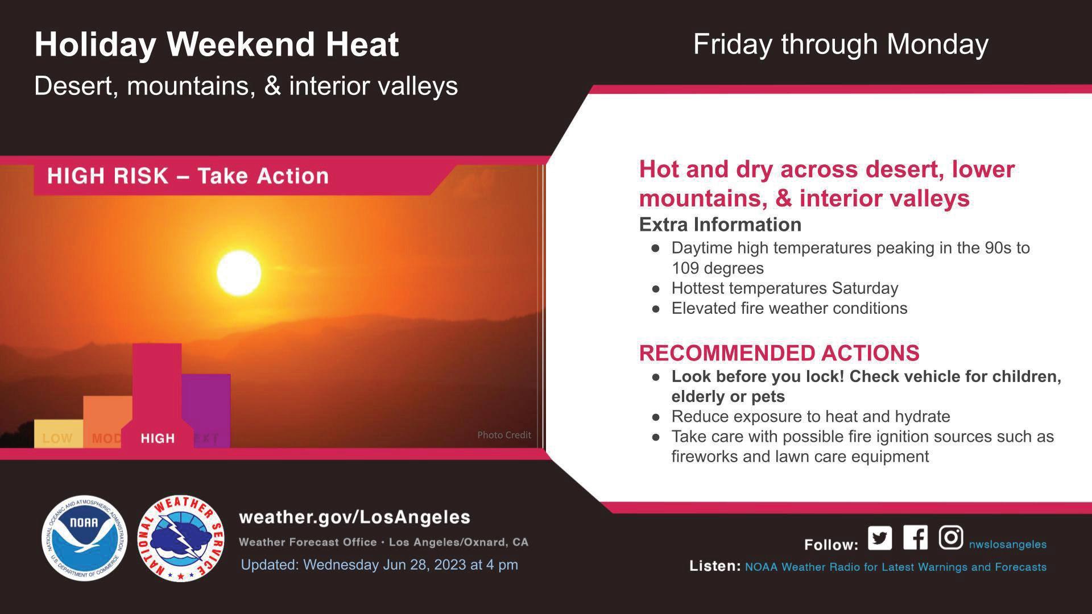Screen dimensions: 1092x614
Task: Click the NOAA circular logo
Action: [84, 538]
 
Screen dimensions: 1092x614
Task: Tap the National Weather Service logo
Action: [181, 538]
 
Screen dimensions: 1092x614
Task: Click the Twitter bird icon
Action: [880, 538]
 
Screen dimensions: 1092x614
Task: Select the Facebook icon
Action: [915, 537]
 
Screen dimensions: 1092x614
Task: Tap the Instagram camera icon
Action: [950, 537]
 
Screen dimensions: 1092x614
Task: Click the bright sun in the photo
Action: [239, 273]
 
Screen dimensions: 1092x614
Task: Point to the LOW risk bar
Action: [59, 433]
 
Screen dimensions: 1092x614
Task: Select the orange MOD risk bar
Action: [107, 421]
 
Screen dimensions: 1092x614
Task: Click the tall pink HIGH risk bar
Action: [157, 396]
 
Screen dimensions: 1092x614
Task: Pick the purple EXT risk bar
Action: [206, 410]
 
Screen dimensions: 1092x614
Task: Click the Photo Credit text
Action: [504, 435]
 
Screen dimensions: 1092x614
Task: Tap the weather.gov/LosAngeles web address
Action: [355, 517]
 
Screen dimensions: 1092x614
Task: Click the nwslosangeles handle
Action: [1008, 544]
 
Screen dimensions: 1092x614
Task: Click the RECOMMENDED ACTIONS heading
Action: [779, 353]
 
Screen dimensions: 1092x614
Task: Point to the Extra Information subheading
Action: [720, 225]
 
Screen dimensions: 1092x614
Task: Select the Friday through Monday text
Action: [841, 44]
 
